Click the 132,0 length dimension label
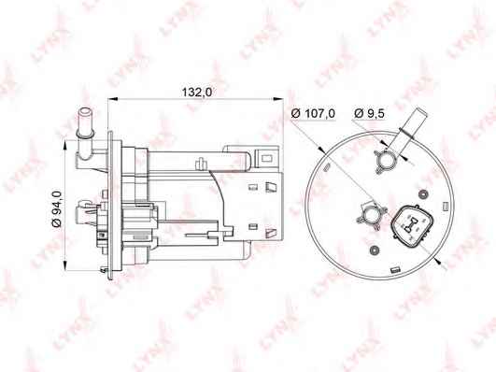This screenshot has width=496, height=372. coord(196,92)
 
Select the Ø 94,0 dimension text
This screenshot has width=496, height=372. coord(57,209)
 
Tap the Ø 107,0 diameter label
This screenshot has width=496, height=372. coord(313,113)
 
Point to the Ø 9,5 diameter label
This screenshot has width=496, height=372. coord(369,113)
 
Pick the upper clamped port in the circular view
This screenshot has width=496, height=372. coord(386,160)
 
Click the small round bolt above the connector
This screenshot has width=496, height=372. coord(422,193)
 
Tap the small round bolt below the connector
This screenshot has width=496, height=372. coord(375,250)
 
